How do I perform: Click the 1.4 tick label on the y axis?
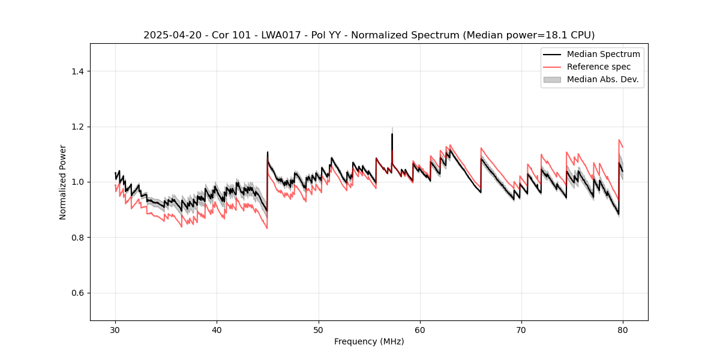click(77, 71)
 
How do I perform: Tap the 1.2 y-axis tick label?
click(77, 127)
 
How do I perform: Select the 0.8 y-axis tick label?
click(77, 238)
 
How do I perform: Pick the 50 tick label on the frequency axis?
click(319, 330)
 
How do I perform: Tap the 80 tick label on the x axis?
click(623, 330)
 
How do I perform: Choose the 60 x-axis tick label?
click(420, 330)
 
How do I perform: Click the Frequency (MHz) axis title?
click(369, 341)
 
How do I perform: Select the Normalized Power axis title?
click(63, 182)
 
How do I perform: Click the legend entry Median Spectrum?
click(603, 54)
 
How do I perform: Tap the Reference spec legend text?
click(599, 67)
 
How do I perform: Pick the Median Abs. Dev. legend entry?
click(602, 79)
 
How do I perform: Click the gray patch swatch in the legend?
click(552, 79)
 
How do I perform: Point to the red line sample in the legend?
click(552, 67)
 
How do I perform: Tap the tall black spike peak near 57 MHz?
click(392, 134)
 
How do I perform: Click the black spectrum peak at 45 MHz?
click(268, 152)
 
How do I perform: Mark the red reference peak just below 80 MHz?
click(619, 140)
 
